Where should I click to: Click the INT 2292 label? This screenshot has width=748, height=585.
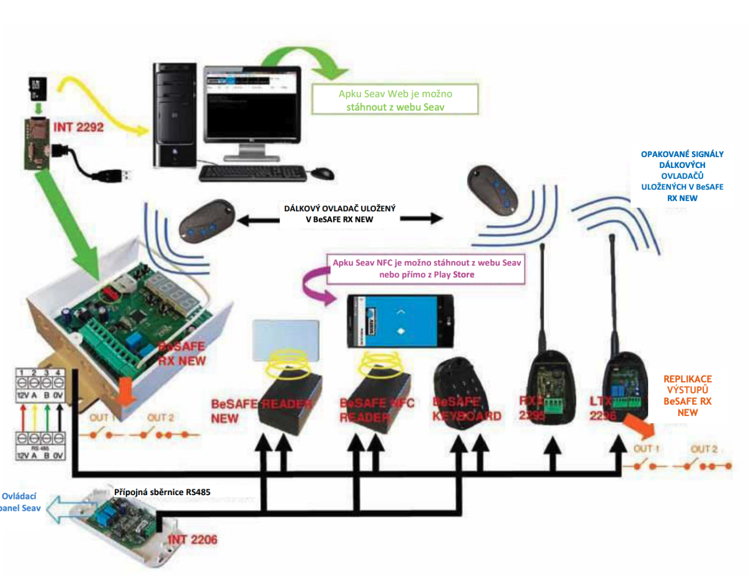[x=78, y=127]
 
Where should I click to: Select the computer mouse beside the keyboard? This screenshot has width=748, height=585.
[x=322, y=173]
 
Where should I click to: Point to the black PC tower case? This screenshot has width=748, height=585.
[x=175, y=115]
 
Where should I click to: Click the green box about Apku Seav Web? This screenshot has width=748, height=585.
[x=395, y=100]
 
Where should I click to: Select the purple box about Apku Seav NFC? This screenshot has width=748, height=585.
[x=426, y=269]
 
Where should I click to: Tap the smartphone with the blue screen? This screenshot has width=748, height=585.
[x=400, y=322]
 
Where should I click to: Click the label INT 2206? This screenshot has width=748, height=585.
[x=192, y=539]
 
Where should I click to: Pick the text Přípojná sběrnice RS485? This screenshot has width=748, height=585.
[x=162, y=492]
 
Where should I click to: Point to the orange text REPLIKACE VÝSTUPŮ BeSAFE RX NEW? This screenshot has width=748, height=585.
[x=687, y=395]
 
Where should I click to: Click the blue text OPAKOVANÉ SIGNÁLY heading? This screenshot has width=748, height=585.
[x=682, y=154]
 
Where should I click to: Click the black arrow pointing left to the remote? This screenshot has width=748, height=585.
[x=258, y=220]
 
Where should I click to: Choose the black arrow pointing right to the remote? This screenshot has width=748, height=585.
[x=422, y=218]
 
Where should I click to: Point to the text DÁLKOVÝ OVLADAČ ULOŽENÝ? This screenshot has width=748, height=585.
[x=339, y=209]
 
